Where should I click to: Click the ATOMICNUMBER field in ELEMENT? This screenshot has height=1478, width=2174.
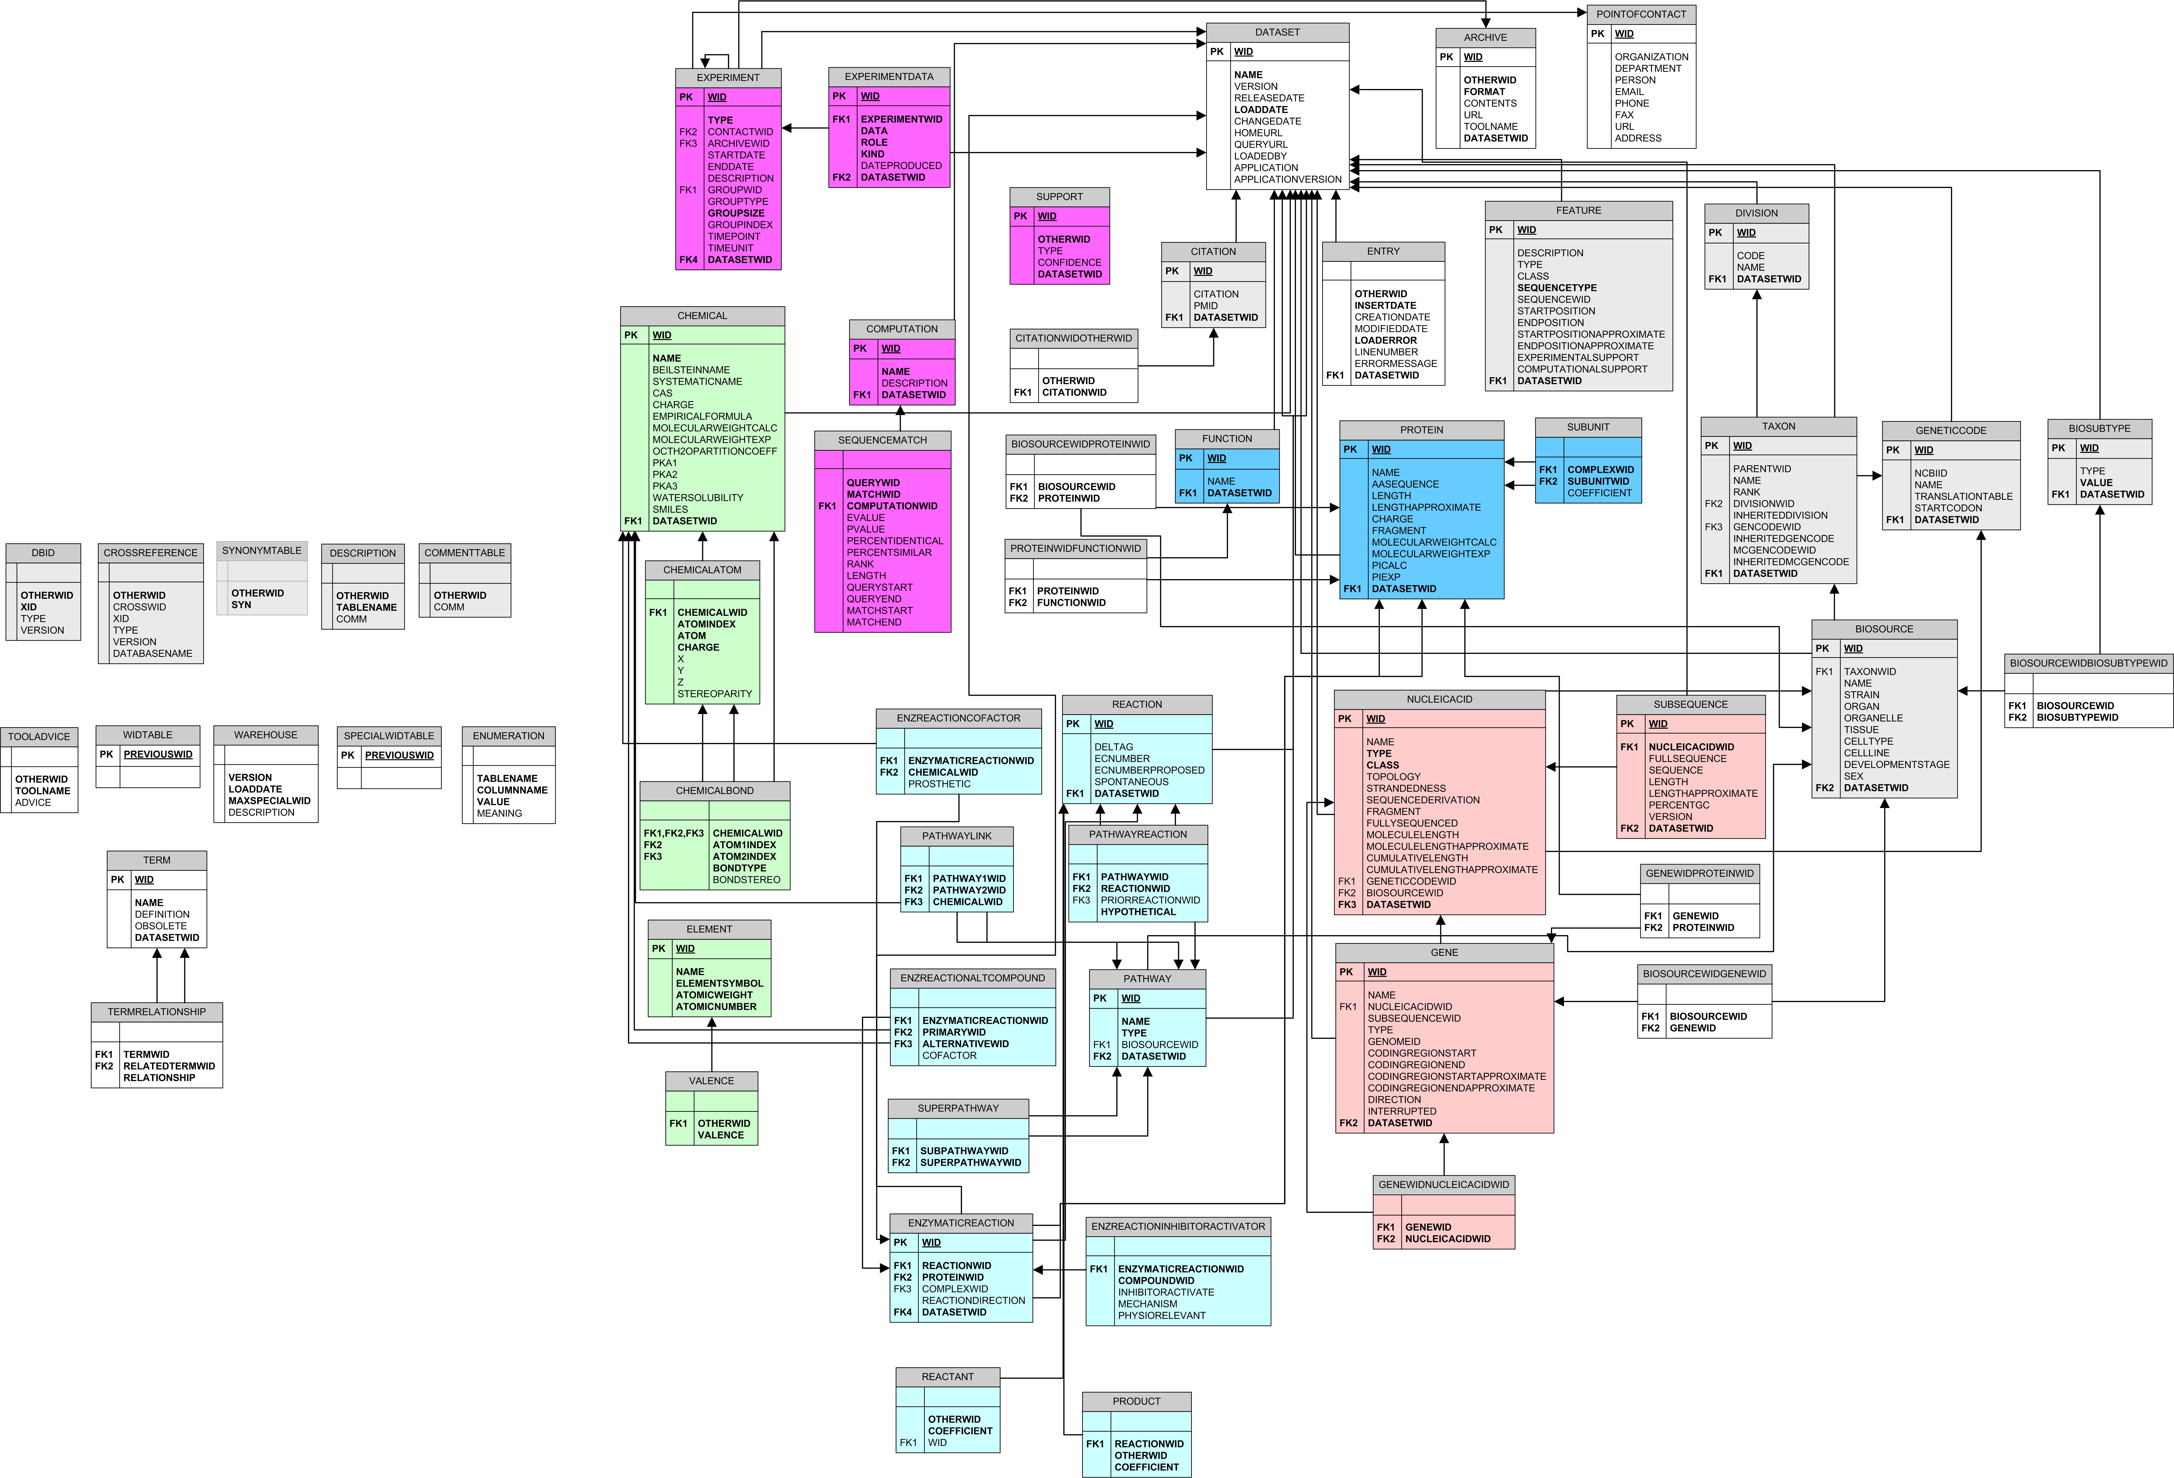click(716, 1006)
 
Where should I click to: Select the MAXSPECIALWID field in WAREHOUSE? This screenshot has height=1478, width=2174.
click(269, 801)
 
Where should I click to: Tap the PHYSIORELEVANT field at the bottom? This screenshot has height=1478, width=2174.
click(1162, 1315)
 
